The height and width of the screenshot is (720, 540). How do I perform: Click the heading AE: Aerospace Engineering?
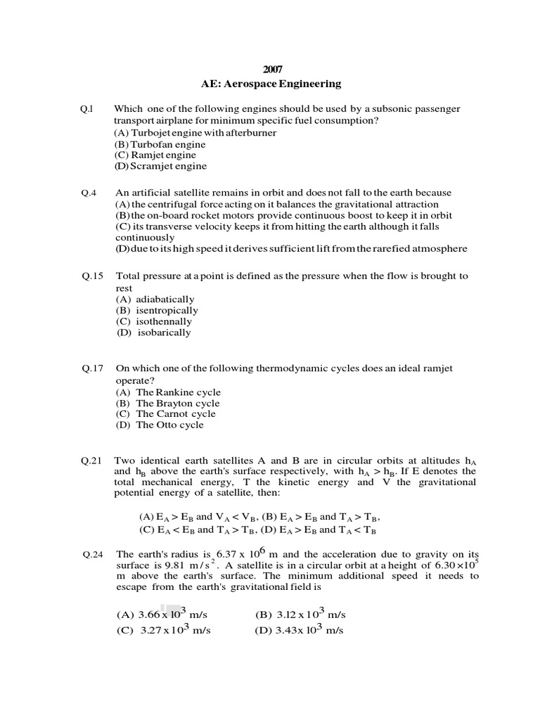point(271,84)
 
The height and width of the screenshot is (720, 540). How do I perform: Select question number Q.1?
point(86,109)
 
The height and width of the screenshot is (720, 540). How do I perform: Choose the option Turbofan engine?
point(155,143)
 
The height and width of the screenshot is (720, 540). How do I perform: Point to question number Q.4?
point(88,193)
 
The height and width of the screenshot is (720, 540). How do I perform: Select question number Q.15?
point(91,276)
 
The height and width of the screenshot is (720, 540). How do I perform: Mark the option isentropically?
point(167,310)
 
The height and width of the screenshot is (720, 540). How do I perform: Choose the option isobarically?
point(163,333)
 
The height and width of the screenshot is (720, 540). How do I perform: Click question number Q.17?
point(91,368)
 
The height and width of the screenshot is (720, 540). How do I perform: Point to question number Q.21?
point(91,461)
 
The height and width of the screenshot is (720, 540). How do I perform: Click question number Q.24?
point(91,554)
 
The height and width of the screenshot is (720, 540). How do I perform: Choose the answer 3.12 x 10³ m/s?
point(300,614)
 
